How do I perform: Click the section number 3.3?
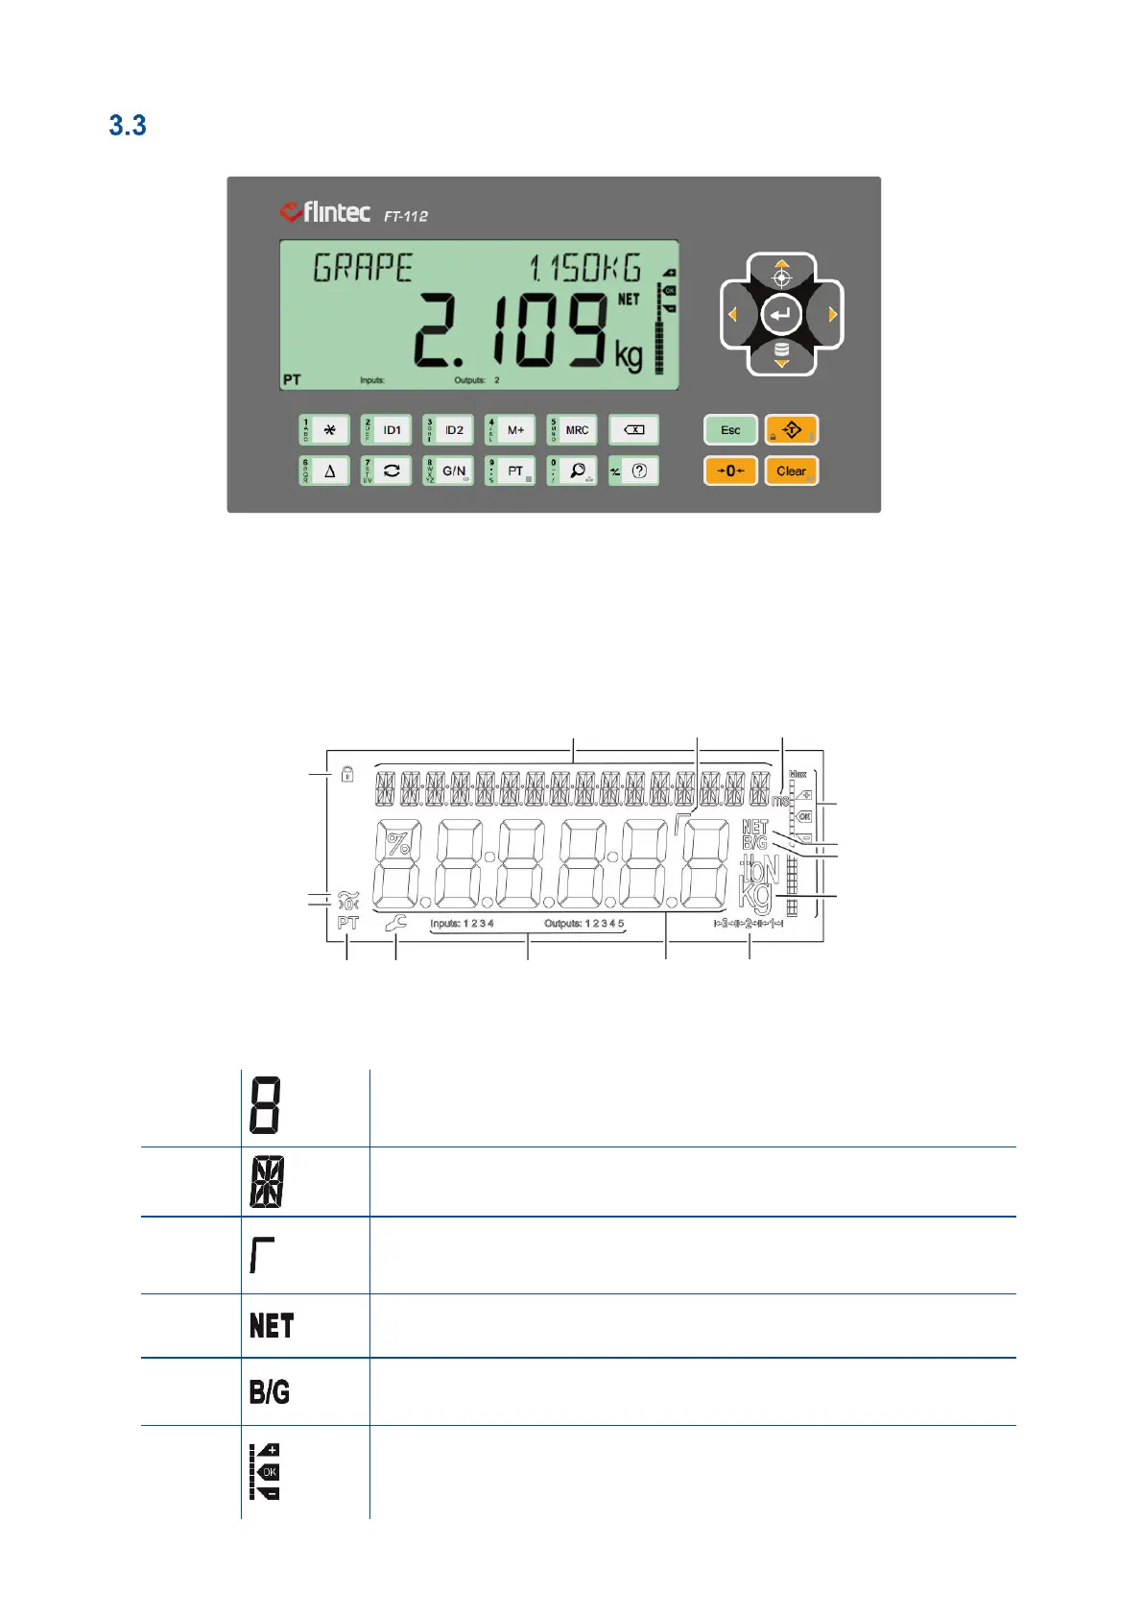(128, 126)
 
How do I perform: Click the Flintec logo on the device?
(324, 211)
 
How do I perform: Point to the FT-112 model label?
(406, 216)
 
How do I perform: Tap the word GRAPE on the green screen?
(363, 268)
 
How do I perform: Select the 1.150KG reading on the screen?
(585, 268)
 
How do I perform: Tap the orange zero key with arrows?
(730, 471)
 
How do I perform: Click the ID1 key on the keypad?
(387, 430)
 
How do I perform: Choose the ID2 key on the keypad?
(449, 430)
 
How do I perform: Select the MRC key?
(572, 430)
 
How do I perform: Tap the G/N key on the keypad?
(449, 471)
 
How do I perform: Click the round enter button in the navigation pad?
(781, 314)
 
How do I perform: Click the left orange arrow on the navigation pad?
(732, 314)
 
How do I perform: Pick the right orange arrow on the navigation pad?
(832, 314)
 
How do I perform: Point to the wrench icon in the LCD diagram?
(395, 923)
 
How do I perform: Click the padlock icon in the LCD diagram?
(347, 773)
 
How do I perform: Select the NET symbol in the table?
(272, 1326)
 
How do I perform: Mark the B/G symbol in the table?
(270, 1392)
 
